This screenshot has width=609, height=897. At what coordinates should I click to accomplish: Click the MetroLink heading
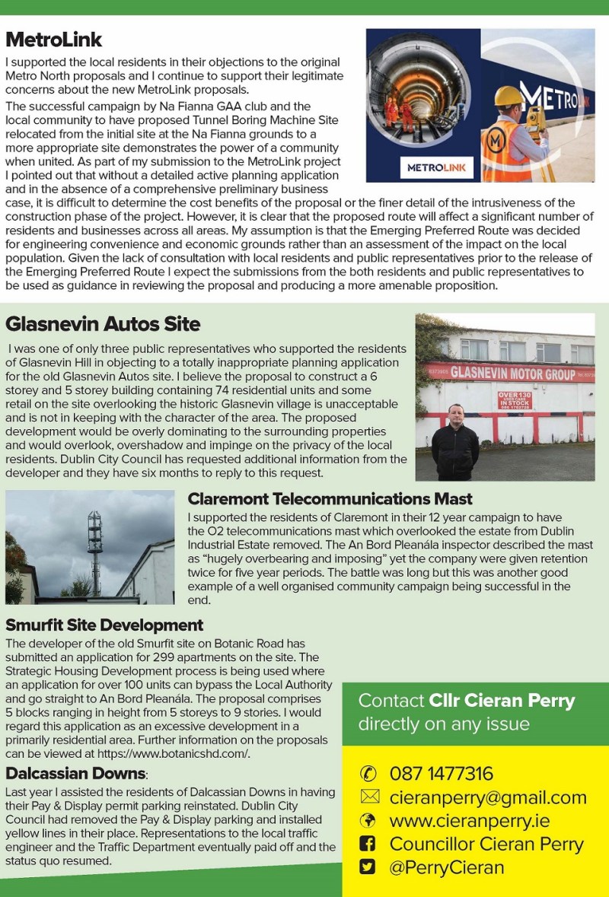point(54,40)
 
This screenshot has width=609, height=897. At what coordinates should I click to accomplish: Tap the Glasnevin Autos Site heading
point(103,324)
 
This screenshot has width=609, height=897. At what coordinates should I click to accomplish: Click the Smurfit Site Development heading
point(104,625)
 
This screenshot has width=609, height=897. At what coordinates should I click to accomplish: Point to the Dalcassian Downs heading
point(76,774)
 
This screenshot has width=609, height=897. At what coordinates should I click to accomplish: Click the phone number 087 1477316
point(442,774)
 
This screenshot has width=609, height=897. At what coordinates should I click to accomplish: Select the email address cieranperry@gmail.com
point(488,797)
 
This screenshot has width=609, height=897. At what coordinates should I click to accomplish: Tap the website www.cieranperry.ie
point(469,821)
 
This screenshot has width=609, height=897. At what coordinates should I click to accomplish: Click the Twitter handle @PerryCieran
point(446,867)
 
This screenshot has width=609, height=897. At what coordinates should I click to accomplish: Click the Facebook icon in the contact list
point(368,844)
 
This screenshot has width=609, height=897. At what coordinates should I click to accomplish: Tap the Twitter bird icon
point(368,867)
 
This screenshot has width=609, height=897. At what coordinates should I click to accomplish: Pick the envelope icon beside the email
point(368,797)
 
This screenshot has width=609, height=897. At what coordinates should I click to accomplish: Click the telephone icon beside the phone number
point(368,774)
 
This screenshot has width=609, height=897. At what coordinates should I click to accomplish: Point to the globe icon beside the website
point(368,821)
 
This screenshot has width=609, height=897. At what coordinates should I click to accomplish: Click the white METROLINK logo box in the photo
point(436,167)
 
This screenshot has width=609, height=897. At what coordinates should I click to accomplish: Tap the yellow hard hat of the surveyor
point(507,96)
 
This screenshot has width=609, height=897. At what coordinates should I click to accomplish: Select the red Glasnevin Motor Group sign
point(510,373)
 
